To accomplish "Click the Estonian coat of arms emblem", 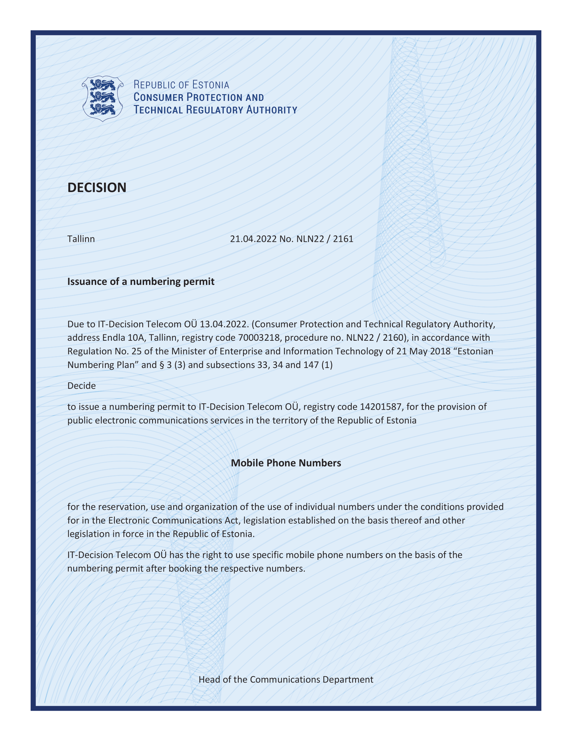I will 102,98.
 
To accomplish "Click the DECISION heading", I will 97,187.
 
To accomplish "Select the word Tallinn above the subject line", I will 81,239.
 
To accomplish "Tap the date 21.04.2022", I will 253,239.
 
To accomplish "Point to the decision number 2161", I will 343,239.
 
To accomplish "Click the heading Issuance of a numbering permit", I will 141,282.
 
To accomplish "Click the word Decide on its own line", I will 81,385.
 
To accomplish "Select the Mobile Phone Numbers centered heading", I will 286,463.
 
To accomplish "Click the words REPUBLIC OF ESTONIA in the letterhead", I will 181,84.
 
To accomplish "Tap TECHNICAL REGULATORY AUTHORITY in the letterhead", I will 215,110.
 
